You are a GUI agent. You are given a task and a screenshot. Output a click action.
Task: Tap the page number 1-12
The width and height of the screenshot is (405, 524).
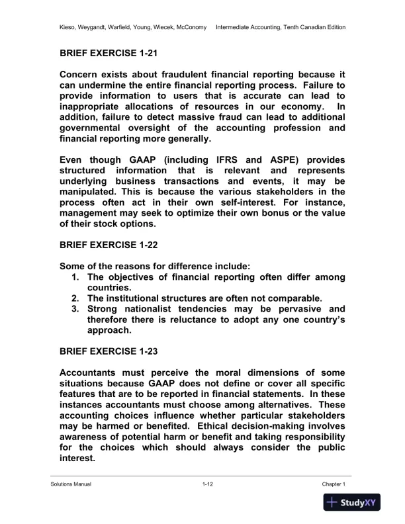[x=208, y=484]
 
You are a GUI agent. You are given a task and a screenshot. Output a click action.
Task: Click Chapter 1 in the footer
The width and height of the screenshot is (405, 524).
[x=334, y=484]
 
